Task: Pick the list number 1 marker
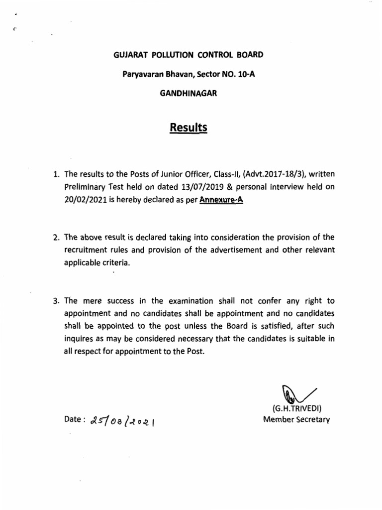[x=56, y=175]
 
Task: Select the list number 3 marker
[x=56, y=301]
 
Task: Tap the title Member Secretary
[x=296, y=419]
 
